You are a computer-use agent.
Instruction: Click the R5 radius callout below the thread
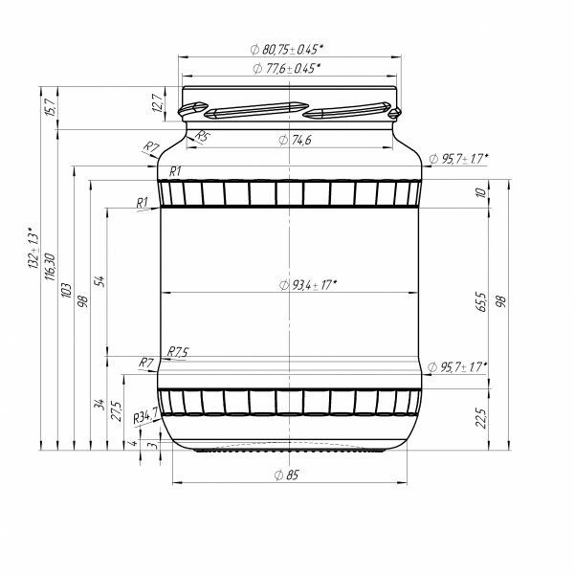(202, 137)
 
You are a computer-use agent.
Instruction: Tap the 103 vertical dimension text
(66, 289)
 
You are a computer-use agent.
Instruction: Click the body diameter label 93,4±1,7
(312, 284)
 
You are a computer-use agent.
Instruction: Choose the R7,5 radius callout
(178, 352)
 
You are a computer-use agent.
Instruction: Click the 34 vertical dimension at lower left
(99, 404)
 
